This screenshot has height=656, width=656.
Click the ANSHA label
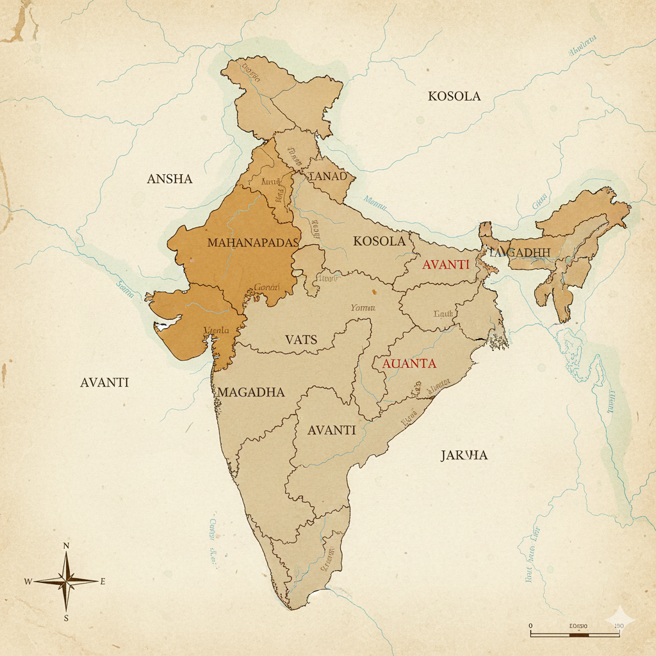170,179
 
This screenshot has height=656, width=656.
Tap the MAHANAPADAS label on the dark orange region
253,243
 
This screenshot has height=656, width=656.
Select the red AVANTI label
446,264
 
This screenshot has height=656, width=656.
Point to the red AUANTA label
409,364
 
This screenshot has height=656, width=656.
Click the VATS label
301,340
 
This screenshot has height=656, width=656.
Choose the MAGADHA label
251,392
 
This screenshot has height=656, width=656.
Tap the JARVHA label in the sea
464,455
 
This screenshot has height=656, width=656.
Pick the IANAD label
327,176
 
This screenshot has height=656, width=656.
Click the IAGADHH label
520,252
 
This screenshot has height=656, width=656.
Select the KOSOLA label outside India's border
454,96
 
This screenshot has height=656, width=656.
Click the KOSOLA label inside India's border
379,241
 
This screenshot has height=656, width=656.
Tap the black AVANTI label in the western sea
104,382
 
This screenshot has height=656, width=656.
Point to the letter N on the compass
66,546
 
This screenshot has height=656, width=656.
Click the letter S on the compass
66,618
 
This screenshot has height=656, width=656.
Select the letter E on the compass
102,582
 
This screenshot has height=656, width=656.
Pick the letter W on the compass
28,582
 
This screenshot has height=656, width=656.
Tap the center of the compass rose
66,582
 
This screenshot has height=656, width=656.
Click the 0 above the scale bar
531,625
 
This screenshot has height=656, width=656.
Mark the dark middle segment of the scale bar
579,634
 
